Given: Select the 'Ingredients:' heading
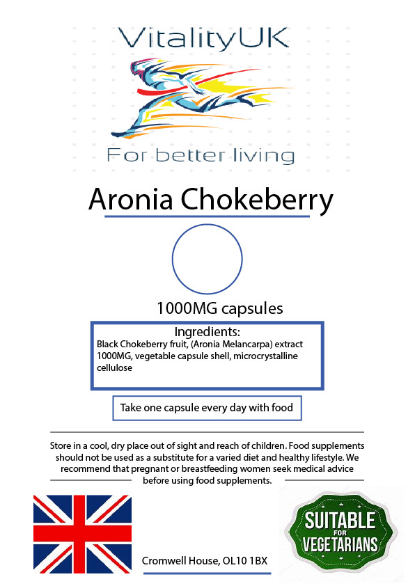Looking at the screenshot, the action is click(207, 332).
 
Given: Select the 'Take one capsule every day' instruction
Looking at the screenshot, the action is click(207, 408).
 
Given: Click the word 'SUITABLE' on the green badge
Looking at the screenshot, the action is click(339, 520).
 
